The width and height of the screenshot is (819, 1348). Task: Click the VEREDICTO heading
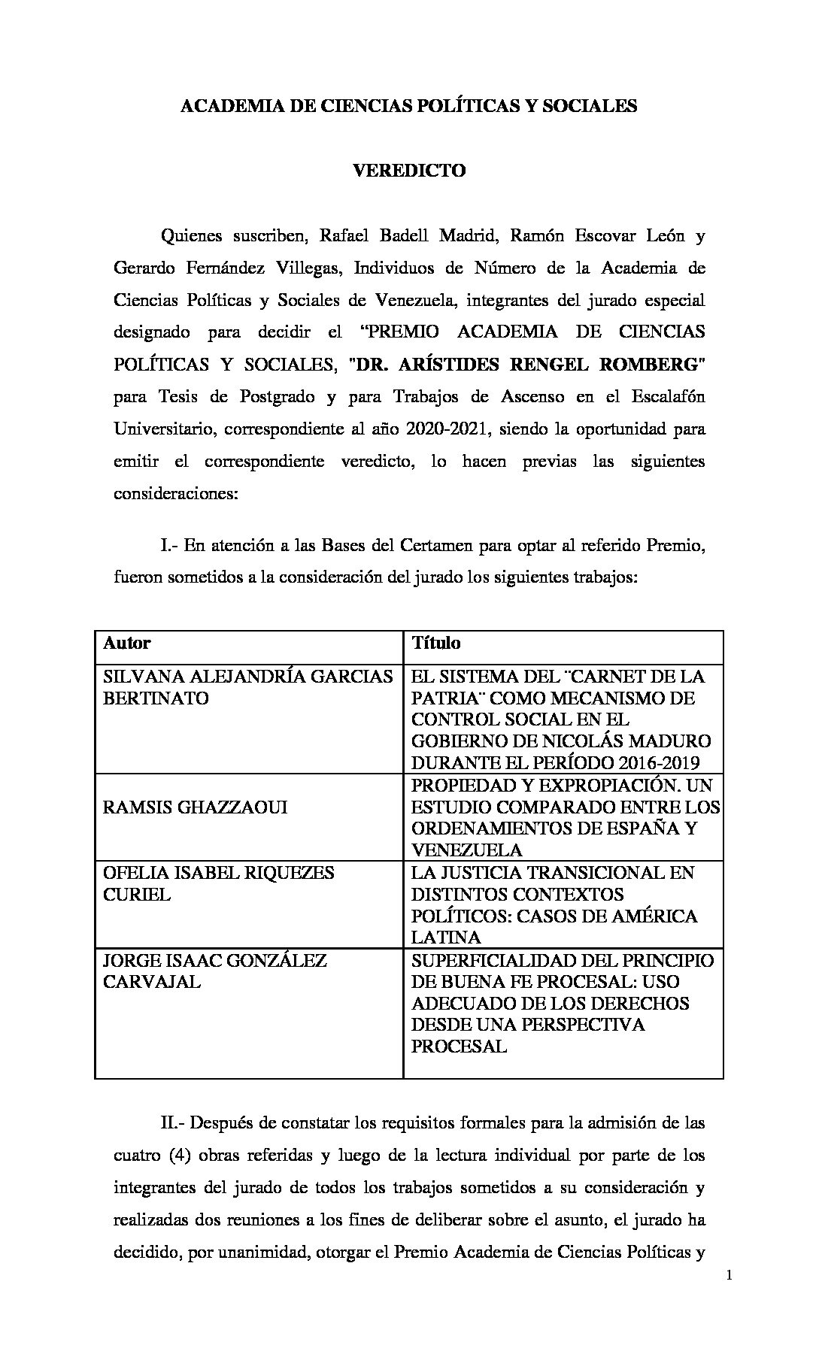(409, 171)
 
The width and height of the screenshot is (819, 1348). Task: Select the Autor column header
(126, 643)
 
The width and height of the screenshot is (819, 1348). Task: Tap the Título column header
(435, 643)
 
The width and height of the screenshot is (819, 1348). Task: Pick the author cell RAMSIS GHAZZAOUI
(195, 807)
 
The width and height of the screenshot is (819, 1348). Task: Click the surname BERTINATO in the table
(156, 698)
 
